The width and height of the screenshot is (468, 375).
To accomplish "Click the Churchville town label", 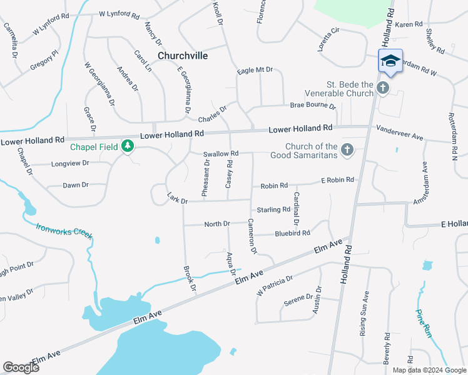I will (x=183, y=56).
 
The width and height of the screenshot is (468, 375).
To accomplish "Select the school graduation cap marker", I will (x=390, y=61).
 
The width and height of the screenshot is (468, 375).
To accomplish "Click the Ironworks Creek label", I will (x=64, y=231).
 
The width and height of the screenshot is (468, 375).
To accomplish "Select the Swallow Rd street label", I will (x=221, y=154).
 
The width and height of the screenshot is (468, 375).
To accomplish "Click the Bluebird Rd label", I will (x=293, y=234).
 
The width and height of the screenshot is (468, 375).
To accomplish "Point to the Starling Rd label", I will (x=274, y=210).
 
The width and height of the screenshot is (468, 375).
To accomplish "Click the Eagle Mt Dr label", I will (x=255, y=71).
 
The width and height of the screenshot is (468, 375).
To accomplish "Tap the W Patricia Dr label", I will (x=274, y=286).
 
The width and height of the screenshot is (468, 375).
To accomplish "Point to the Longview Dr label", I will (x=69, y=163).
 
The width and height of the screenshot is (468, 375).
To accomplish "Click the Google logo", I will (x=21, y=367).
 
